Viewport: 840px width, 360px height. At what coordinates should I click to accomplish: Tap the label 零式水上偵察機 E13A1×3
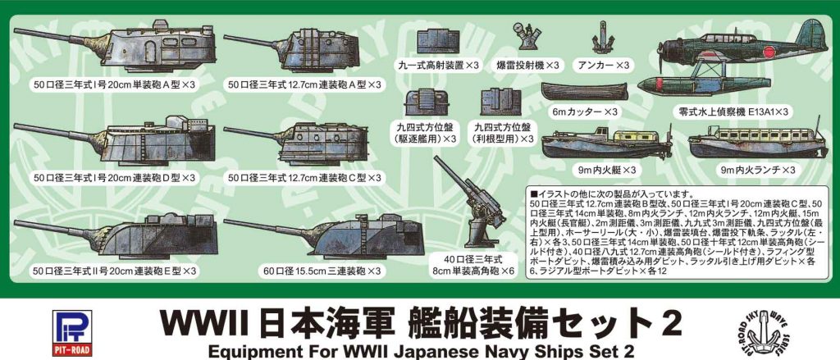(x=722, y=110)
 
